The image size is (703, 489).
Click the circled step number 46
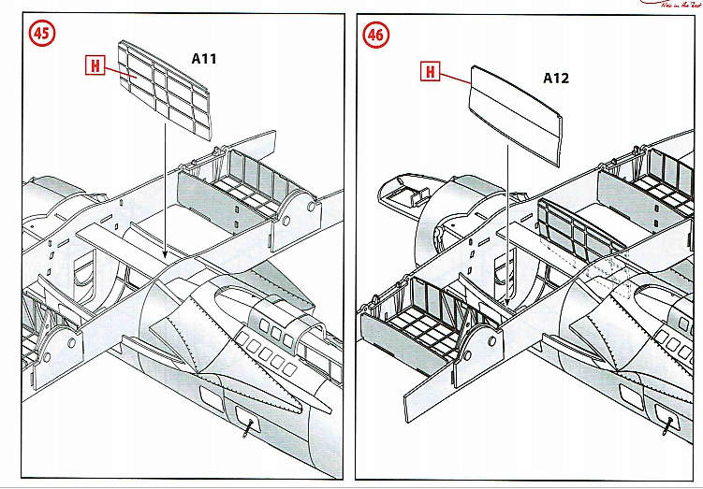(x=375, y=34)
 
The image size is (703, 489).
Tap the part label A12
(x=556, y=79)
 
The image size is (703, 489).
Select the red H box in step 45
(x=94, y=65)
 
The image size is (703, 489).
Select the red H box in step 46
(x=430, y=71)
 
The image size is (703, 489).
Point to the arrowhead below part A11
(x=165, y=254)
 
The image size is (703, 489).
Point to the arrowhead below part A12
(x=506, y=304)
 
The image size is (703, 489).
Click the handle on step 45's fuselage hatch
(x=249, y=425)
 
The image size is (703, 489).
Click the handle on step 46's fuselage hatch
(x=666, y=426)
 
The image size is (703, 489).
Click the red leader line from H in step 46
(x=455, y=74)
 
